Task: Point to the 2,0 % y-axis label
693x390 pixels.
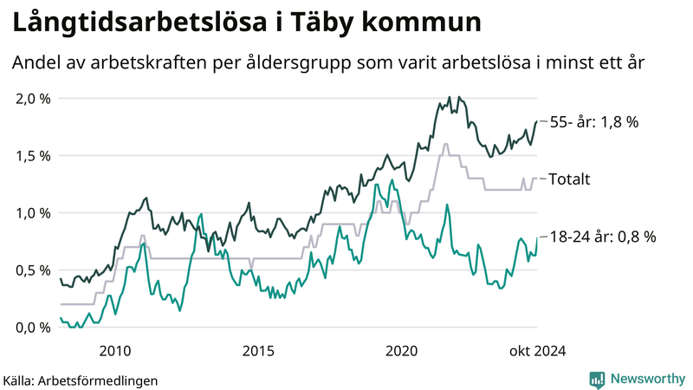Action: pyautogui.click(x=34, y=98)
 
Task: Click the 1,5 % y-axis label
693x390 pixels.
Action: pyautogui.click(x=34, y=155)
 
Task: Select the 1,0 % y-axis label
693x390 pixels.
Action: pyautogui.click(x=34, y=212)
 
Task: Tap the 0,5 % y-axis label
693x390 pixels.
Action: pyautogui.click(x=34, y=270)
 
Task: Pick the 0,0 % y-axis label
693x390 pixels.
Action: pyautogui.click(x=34, y=327)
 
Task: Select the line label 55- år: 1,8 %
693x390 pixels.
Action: pyautogui.click(x=594, y=122)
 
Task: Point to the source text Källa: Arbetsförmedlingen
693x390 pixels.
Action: pyautogui.click(x=81, y=380)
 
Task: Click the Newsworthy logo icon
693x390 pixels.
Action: pyautogui.click(x=597, y=379)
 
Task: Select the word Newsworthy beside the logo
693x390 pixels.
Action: pyautogui.click(x=647, y=379)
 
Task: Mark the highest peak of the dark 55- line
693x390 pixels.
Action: pyautogui.click(x=449, y=98)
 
